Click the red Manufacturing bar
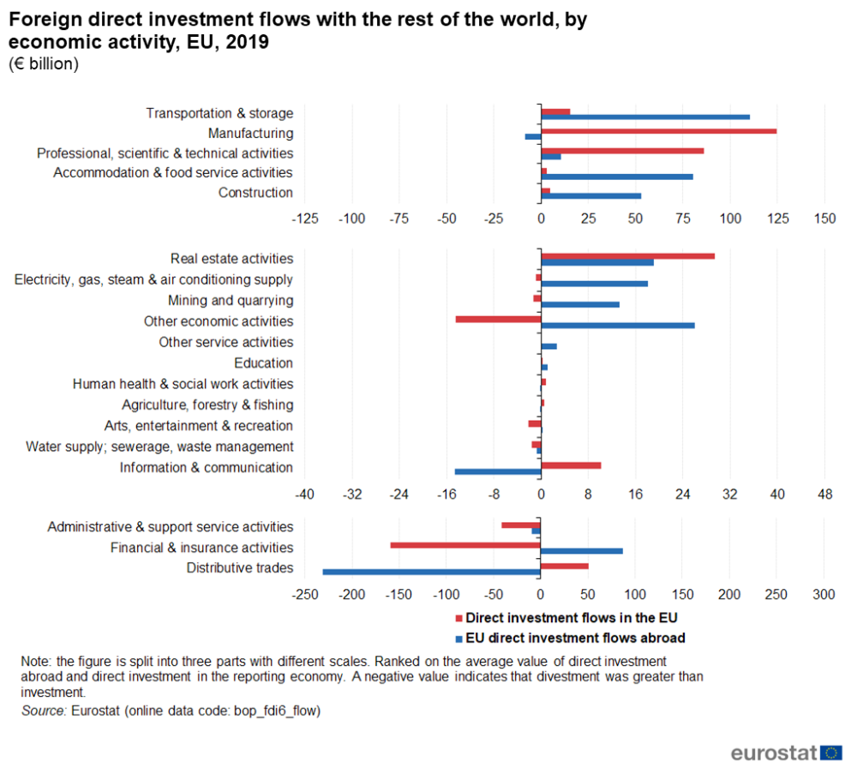pos(658,131)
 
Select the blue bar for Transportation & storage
pos(645,117)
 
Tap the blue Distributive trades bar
pos(431,572)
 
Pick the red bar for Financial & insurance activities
pos(465,545)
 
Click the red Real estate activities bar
pos(627,255)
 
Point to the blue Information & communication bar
pos(498,471)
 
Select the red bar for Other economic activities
pos(498,319)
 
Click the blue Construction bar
pos(590,196)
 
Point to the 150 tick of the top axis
pos(824,219)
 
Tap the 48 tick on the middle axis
pos(824,495)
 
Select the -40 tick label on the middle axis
pos(305,495)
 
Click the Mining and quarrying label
pos(231,301)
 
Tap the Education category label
pos(263,363)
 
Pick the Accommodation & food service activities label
pos(173,173)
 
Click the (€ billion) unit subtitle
pos(44,64)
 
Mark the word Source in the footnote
pos(43,711)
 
